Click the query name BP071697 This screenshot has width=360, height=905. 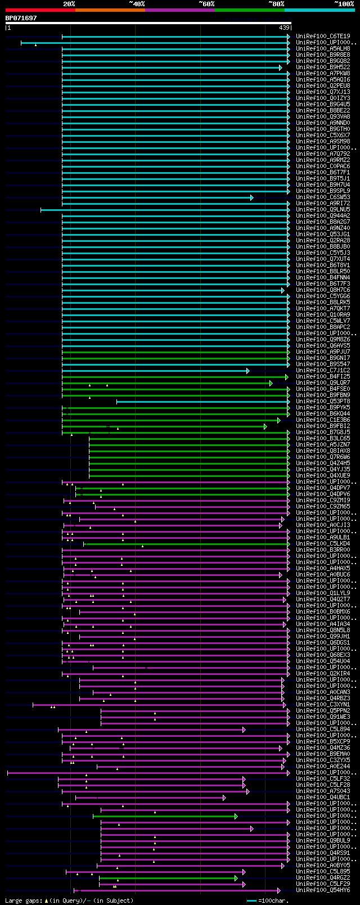click(21, 18)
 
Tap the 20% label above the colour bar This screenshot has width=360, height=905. click(69, 4)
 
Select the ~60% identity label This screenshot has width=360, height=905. click(206, 4)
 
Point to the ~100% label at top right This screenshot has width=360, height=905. click(344, 4)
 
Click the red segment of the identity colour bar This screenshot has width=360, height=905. click(40, 10)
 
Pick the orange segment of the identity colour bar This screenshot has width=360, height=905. click(110, 10)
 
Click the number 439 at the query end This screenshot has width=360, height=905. click(284, 28)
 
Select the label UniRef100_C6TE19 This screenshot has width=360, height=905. click(323, 37)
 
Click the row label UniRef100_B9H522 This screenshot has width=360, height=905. click(323, 67)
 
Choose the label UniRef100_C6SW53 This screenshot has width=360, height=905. click(323, 197)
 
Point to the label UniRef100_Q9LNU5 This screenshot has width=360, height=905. click(323, 210)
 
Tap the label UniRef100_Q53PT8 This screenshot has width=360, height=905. click(323, 402)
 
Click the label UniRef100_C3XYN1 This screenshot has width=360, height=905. click(323, 705)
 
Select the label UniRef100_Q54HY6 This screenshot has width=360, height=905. click(323, 890)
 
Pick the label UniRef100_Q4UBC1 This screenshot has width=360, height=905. click(323, 798)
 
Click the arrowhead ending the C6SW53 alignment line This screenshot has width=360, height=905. click(251, 197)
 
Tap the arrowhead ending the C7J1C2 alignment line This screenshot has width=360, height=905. click(247, 371)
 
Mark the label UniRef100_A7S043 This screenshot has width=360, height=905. click(323, 791)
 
